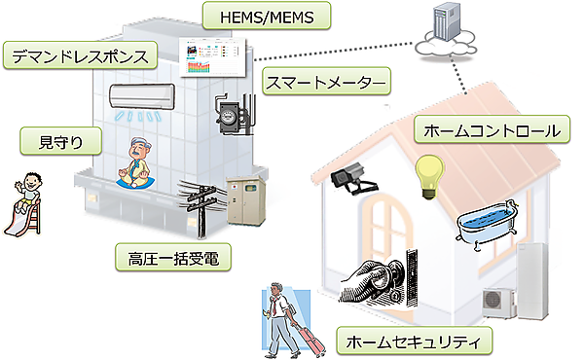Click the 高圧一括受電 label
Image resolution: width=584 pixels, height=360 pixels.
(x=164, y=259)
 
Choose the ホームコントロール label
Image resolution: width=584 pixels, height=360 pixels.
(x=492, y=128)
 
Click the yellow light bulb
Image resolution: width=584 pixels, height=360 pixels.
(x=426, y=178)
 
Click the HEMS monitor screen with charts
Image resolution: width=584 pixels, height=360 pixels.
(x=214, y=55)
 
